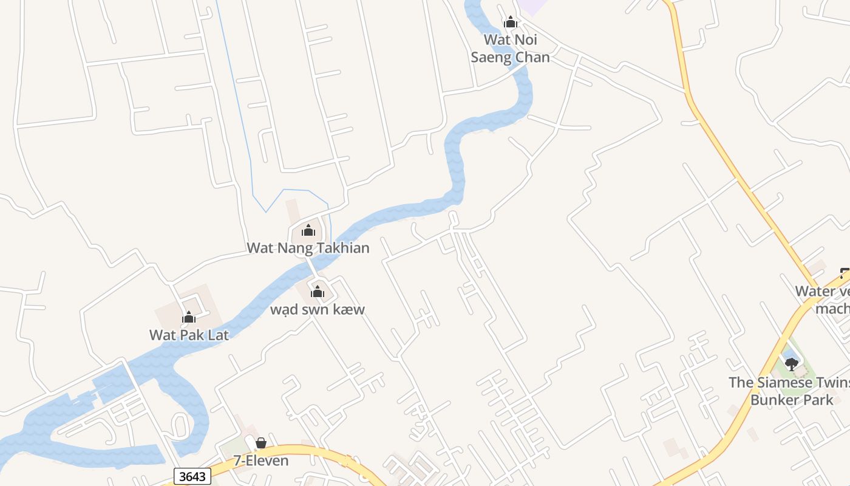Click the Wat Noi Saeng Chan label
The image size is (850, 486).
tap(510, 48)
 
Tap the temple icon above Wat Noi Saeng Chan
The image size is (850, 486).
tap(510, 22)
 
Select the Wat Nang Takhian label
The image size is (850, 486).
tap(308, 247)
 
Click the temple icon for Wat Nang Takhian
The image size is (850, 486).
tap(308, 230)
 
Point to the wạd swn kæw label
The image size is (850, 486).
tap(318, 309)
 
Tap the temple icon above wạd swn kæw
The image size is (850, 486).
tap(318, 292)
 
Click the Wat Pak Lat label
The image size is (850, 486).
tap(189, 334)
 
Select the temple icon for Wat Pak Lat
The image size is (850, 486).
tap(189, 317)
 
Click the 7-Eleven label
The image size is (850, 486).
tap(261, 460)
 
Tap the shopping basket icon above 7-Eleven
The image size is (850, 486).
tap(261, 443)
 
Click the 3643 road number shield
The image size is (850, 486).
tap(192, 476)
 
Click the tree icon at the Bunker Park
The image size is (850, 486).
tap(792, 364)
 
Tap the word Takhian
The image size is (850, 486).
tap(342, 247)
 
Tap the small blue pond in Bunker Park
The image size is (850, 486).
tap(788, 354)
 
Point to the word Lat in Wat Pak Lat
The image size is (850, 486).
tap(218, 334)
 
